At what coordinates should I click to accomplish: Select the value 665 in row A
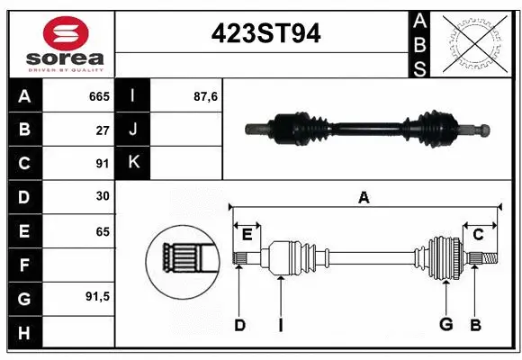98,95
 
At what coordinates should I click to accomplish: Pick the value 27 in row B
103,130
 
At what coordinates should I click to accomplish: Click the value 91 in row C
103,164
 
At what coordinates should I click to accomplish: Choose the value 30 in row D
103,197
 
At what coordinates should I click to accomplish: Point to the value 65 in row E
103,231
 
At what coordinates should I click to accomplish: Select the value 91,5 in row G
98,295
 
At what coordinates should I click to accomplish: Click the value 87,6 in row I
206,95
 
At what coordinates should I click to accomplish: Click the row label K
132,163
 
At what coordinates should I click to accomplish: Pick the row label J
132,130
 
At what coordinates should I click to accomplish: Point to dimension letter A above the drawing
364,197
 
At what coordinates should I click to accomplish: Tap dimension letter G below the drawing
445,325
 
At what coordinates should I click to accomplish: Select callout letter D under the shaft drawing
239,325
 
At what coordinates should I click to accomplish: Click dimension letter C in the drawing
479,235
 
